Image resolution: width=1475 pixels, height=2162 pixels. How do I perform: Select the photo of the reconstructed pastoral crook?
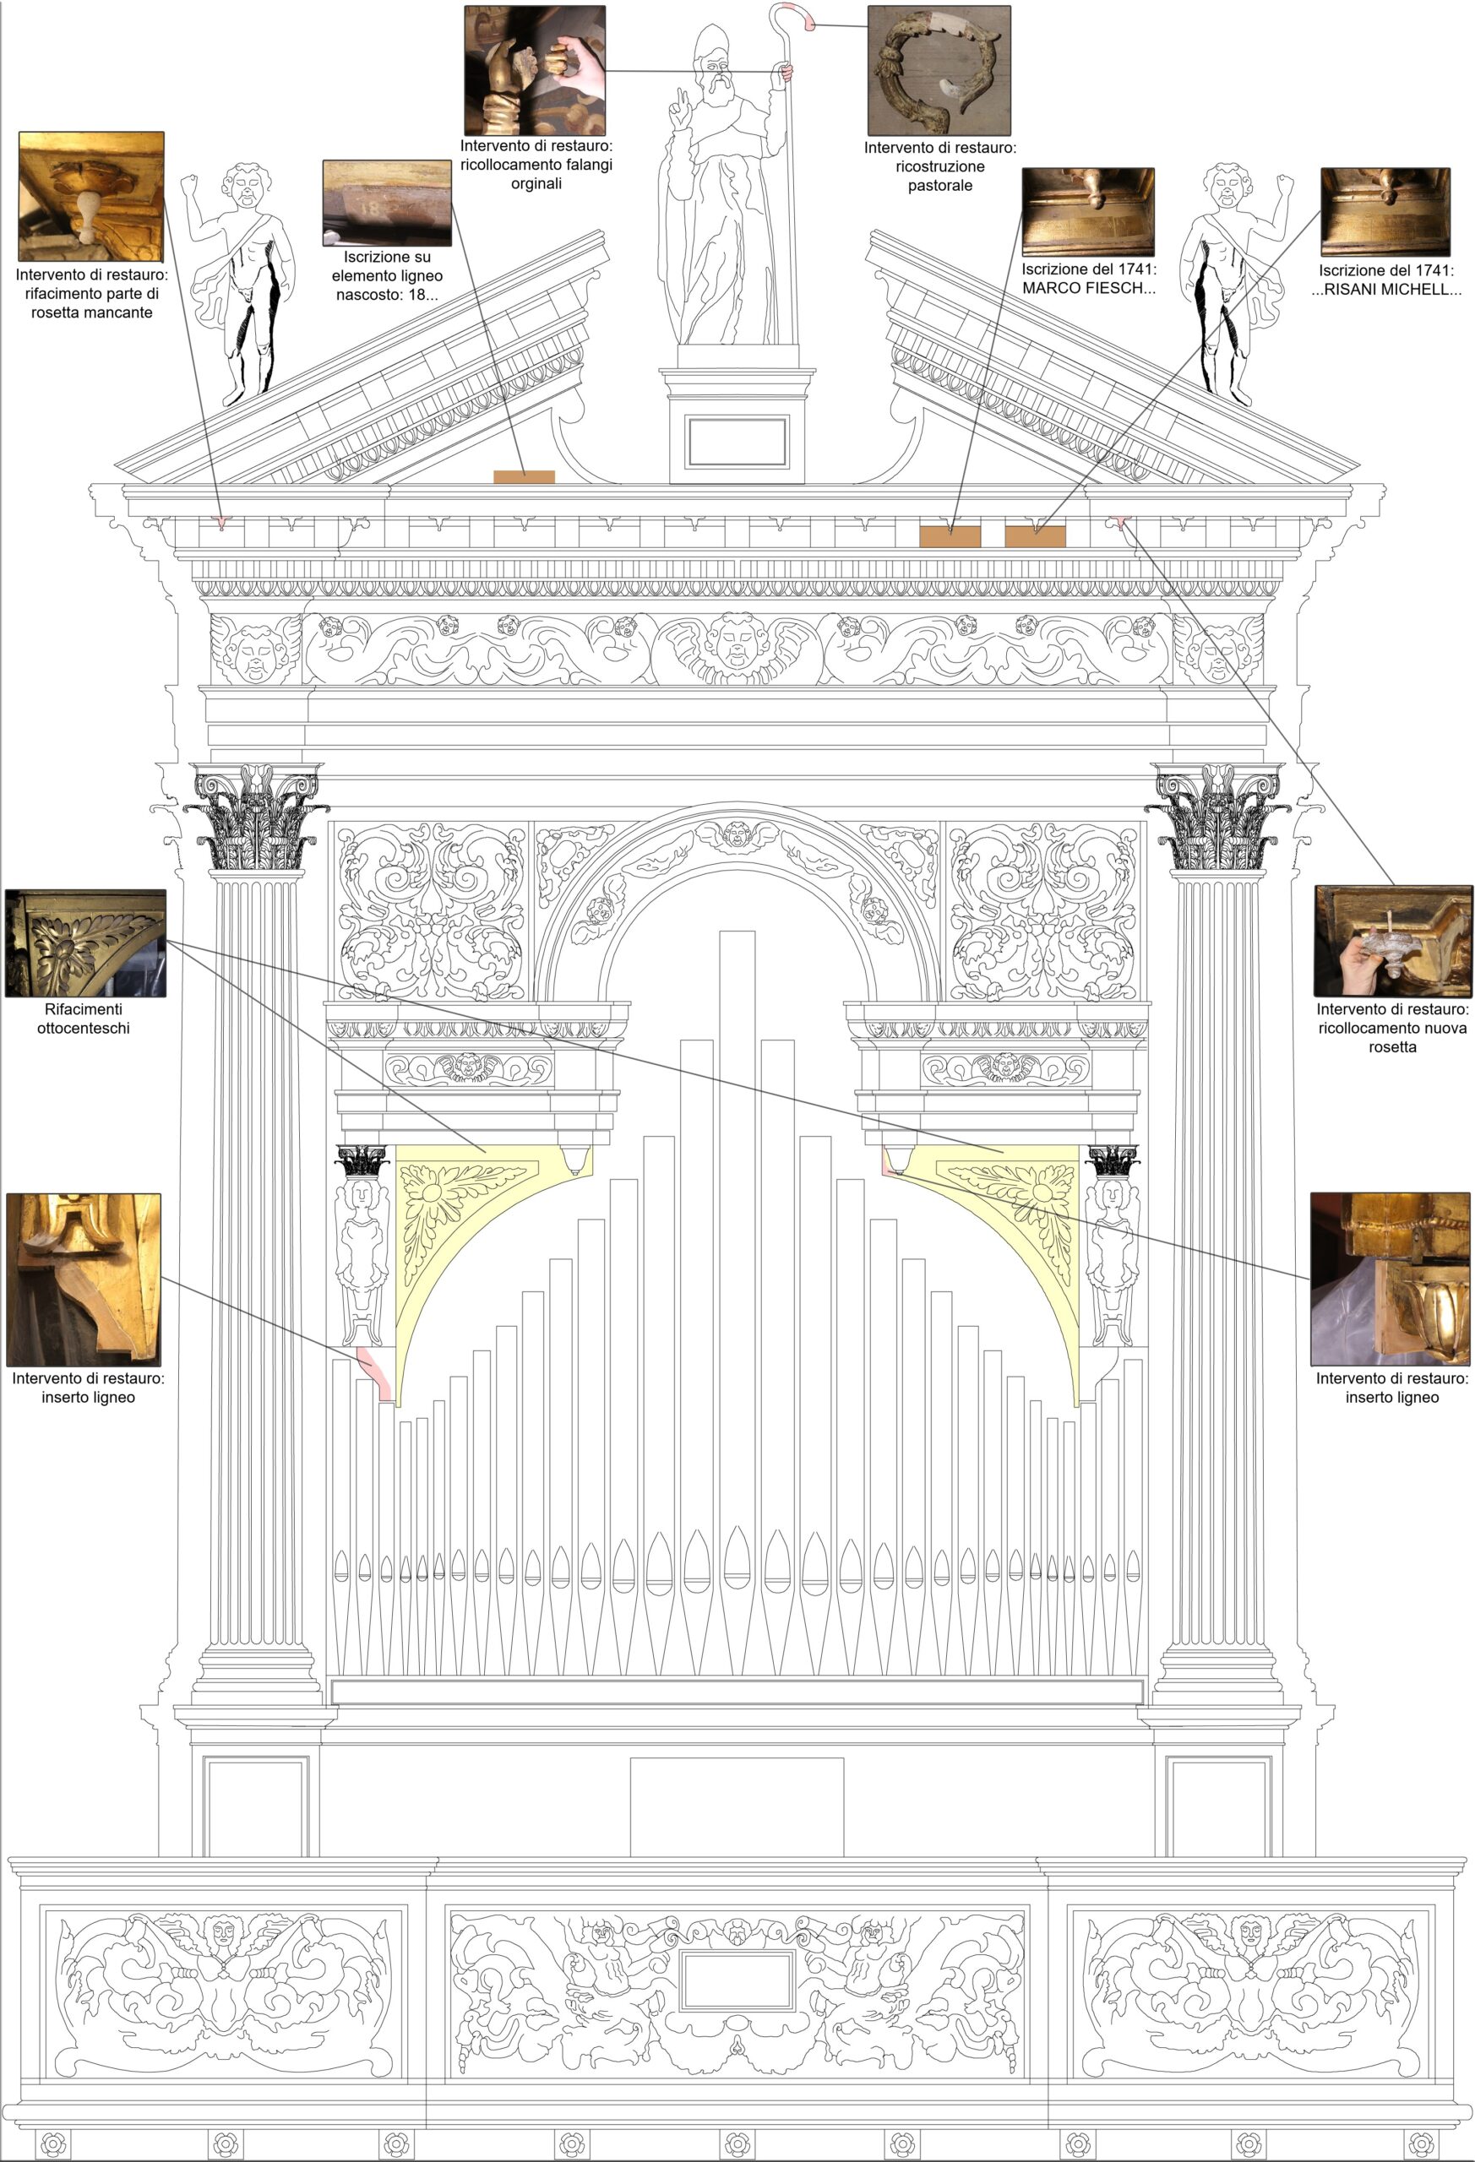click(x=939, y=71)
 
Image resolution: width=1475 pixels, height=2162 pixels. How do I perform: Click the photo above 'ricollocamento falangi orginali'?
click(x=535, y=71)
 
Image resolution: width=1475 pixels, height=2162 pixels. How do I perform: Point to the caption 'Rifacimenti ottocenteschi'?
click(x=84, y=1019)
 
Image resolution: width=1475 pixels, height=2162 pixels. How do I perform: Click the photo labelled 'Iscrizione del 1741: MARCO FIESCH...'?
click(x=1088, y=212)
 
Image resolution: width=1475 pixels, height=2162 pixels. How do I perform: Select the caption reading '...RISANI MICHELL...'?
click(x=1392, y=290)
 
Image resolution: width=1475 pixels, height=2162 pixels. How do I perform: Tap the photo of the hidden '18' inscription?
click(x=387, y=203)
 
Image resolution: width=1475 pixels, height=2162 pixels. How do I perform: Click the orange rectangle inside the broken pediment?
click(x=524, y=477)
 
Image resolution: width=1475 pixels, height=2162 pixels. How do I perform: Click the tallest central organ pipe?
click(x=736, y=1302)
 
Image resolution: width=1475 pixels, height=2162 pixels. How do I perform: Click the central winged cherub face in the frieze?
click(x=736, y=644)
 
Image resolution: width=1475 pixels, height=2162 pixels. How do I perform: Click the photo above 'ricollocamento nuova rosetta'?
click(x=1392, y=942)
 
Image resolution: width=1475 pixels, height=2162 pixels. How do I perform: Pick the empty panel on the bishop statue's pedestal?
click(x=737, y=443)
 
